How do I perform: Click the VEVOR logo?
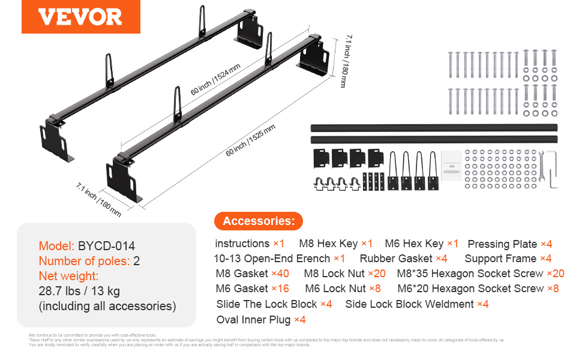click(x=80, y=17)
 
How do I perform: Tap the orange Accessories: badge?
click(x=259, y=221)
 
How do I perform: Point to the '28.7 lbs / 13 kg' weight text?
click(x=79, y=292)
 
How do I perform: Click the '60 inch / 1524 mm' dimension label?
click(x=214, y=79)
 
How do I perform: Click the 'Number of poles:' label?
click(x=84, y=261)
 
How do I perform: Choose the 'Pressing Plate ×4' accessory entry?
click(x=509, y=244)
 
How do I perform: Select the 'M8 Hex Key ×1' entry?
click(x=335, y=244)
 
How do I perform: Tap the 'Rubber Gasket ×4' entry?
click(x=403, y=259)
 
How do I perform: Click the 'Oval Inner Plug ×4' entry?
click(x=261, y=320)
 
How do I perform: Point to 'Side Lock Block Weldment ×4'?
click(x=416, y=304)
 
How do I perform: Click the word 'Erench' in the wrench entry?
click(x=310, y=259)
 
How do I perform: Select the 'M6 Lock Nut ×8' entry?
click(x=343, y=289)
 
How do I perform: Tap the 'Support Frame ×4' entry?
click(x=508, y=259)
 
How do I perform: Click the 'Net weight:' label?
click(x=68, y=276)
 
